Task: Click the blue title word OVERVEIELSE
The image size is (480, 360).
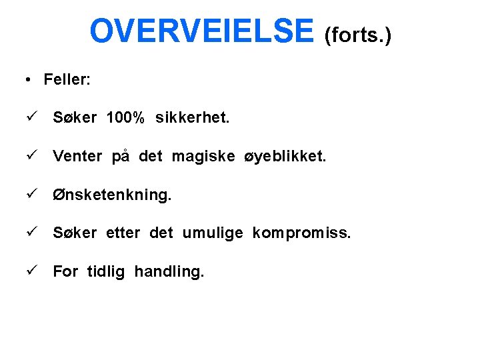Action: coord(201,31)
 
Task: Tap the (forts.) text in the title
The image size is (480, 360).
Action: coord(357,35)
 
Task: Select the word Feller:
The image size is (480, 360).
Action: coord(67,80)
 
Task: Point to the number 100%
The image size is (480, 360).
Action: coord(125,118)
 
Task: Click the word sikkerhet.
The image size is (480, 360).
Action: coord(193,118)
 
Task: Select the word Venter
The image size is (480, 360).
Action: coord(77,157)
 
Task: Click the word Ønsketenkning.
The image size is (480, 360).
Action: coord(112,195)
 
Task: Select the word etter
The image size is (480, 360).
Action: coord(123,233)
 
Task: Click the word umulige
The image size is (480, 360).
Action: coord(213,233)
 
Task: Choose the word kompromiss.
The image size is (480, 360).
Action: coord(301,233)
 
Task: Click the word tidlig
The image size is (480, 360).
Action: coord(105,272)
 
